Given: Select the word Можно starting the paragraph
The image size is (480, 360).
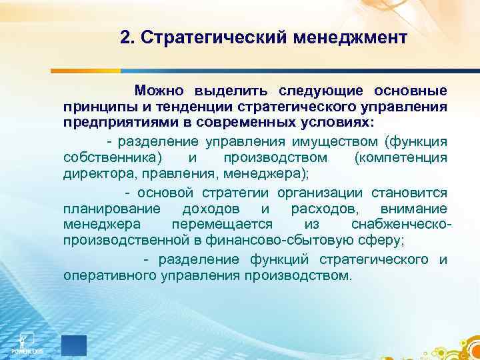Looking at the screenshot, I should point(159,90).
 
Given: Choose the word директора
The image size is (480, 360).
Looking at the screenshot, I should point(94,175).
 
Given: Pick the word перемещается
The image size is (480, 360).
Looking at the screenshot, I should point(227,226).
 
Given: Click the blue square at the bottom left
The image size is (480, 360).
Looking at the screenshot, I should point(74,345).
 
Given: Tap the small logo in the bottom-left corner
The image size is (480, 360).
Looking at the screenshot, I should point(27,341).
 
